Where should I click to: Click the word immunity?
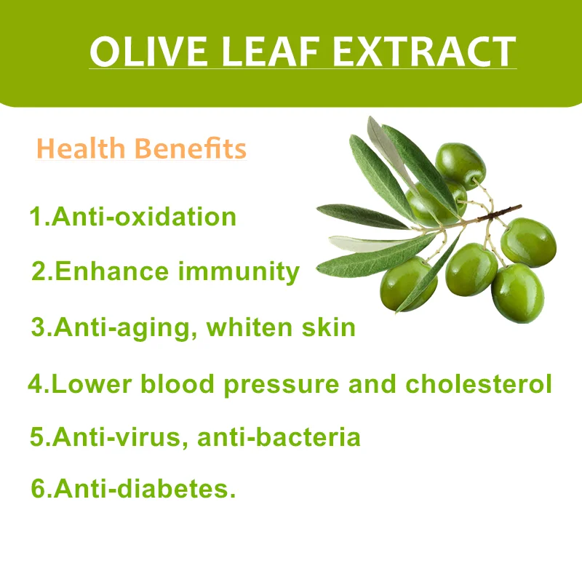pos(239,272)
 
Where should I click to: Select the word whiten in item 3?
pos(248,327)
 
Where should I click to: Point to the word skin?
pos(328,327)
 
